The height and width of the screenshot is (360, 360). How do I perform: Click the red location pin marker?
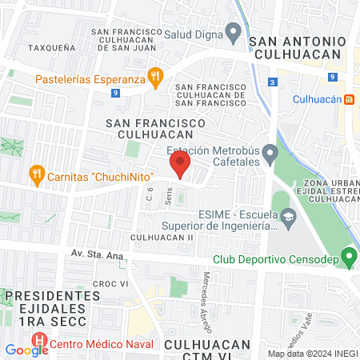[180, 165]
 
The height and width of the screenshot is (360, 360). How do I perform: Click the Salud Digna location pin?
[234, 34]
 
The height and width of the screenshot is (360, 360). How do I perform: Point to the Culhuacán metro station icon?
[349, 99]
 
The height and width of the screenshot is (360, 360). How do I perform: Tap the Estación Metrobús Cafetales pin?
[270, 152]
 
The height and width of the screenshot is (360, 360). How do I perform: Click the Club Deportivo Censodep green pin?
[348, 258]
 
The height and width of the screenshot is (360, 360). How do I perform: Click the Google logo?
[26, 350]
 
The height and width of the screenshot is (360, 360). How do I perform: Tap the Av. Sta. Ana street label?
[94, 255]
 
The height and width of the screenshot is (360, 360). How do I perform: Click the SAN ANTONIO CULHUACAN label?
[298, 47]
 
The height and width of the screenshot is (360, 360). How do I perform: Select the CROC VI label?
[112, 284]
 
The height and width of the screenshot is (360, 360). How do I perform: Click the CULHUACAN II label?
[162, 238]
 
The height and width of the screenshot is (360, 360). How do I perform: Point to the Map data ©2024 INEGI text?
[313, 354]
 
